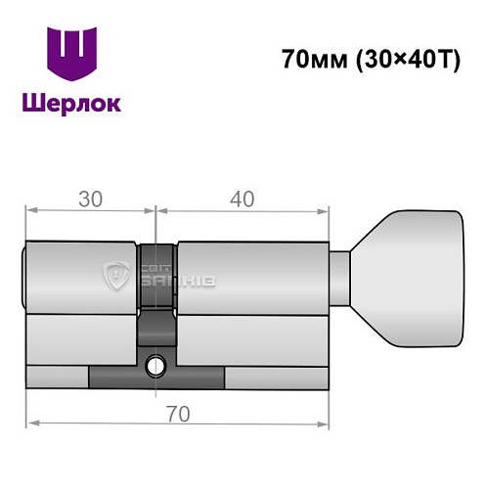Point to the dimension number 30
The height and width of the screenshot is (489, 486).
point(91,199)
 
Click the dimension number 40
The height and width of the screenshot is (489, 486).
point(242,199)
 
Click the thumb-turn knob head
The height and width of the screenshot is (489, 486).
point(411,278)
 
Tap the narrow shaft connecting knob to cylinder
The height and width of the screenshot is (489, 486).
point(338,278)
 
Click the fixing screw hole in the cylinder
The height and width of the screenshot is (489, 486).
point(155,367)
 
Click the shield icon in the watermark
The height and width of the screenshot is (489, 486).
point(115,278)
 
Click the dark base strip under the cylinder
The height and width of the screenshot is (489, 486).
point(156,376)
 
